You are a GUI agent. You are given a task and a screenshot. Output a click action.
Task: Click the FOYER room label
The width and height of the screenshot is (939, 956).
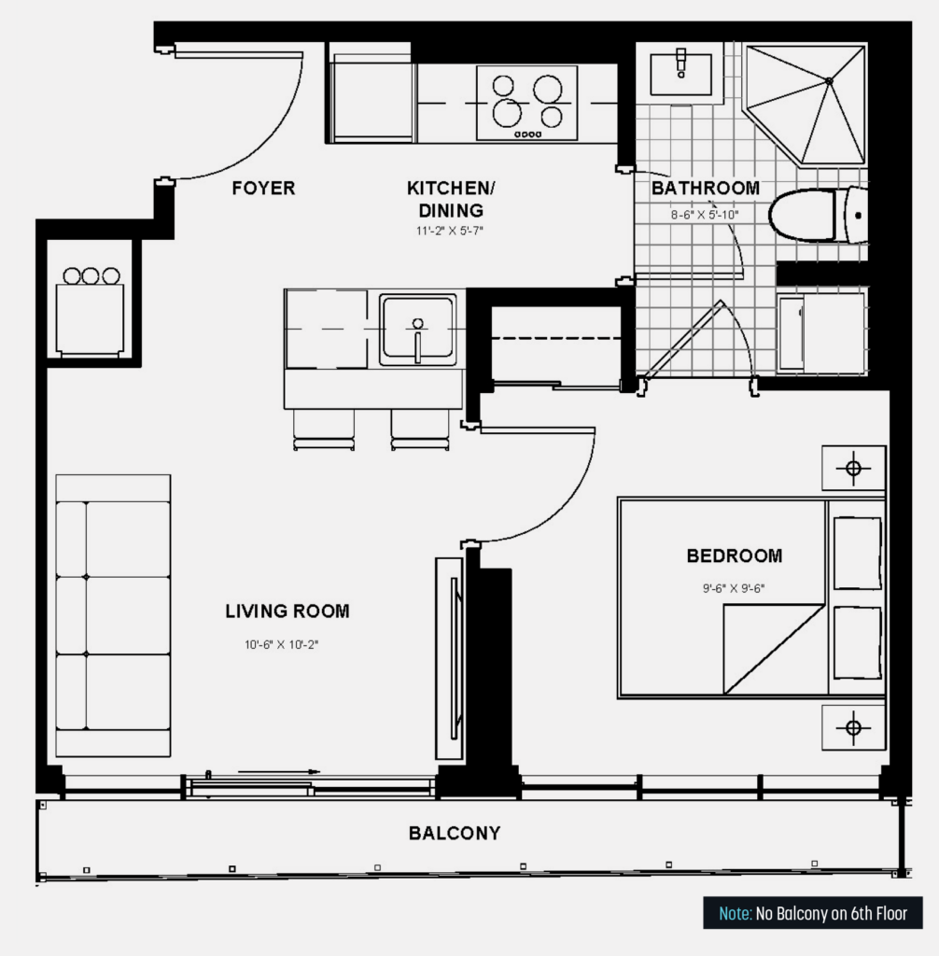click(x=263, y=188)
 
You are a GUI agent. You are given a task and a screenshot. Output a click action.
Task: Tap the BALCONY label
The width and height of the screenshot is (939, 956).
click(x=455, y=833)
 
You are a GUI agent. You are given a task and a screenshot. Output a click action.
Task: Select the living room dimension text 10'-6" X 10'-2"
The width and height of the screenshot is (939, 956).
click(x=282, y=644)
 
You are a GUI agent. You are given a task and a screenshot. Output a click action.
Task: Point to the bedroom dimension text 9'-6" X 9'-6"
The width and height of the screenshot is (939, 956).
click(x=734, y=588)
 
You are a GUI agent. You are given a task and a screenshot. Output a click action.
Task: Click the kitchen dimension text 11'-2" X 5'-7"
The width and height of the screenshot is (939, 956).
click(x=450, y=231)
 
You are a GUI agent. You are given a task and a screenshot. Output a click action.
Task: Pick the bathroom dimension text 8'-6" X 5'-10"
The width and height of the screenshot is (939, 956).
click(x=705, y=215)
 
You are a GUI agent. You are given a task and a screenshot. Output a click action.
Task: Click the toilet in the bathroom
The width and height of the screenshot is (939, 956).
click(x=818, y=215)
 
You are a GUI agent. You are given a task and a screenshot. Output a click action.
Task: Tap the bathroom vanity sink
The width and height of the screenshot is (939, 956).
click(x=681, y=74)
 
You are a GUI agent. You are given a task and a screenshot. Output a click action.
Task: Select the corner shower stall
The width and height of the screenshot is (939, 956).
click(x=805, y=104)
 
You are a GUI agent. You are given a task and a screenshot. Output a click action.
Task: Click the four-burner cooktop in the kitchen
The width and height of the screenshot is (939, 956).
click(x=526, y=103)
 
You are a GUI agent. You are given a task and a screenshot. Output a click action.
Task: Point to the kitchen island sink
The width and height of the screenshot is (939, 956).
click(x=417, y=330)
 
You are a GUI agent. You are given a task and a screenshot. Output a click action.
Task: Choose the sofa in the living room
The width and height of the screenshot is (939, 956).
click(x=114, y=616)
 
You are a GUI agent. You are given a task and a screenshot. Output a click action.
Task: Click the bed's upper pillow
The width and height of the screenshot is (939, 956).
click(x=857, y=553)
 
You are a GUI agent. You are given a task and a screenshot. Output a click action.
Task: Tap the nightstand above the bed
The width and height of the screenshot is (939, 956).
click(x=854, y=469)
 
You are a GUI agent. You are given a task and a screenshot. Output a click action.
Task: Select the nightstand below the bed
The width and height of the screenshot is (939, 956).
click(x=854, y=727)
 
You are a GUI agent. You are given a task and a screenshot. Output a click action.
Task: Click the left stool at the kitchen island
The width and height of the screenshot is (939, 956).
click(x=324, y=429)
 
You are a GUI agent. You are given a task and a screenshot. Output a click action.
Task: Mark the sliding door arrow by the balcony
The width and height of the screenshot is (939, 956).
click(x=279, y=771)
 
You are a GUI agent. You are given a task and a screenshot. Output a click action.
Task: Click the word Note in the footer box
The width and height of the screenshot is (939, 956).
click(x=736, y=913)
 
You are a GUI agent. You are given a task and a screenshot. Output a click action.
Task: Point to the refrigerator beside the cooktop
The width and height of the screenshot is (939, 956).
click(x=371, y=97)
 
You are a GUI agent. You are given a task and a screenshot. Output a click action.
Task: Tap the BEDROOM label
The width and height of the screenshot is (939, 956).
click(x=735, y=556)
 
